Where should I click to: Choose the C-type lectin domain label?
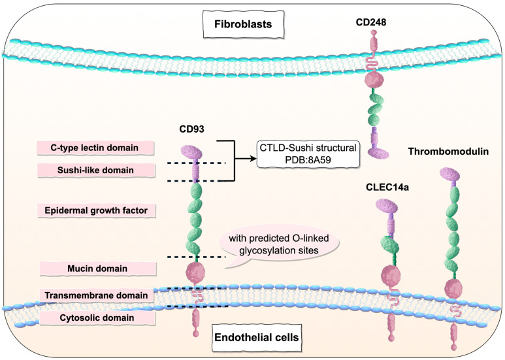point(97,148)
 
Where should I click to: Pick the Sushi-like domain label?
point(97,171)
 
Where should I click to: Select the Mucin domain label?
point(97,269)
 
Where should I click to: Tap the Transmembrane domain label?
point(97,295)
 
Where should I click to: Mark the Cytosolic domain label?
point(97,318)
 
